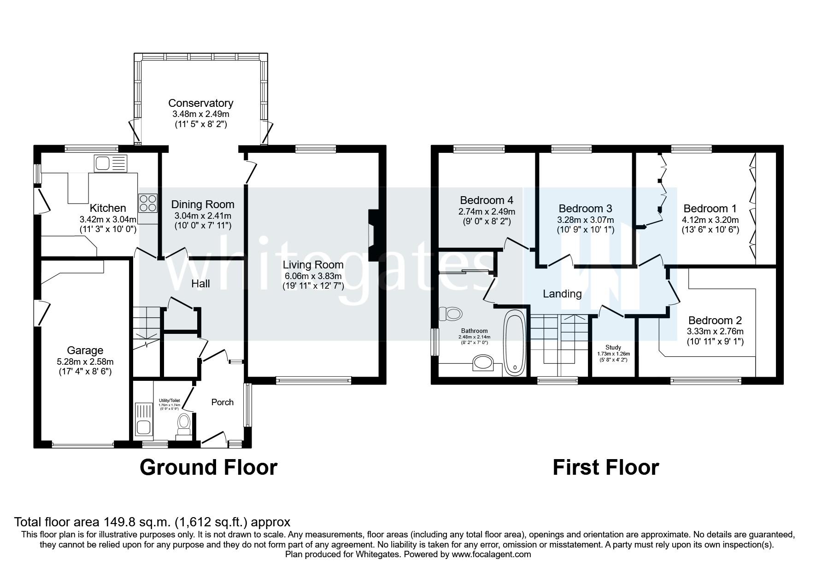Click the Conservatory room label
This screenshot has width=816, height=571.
pos(200,103)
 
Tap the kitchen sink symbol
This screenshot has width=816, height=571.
pos(110,163)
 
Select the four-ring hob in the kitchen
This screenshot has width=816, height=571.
pos(147,203)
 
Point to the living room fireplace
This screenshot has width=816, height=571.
pos(373,236)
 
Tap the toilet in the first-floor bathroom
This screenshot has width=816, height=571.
pos(451,314)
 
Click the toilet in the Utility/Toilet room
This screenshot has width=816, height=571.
pos(184,424)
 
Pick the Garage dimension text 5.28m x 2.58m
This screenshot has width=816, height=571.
pos(85,361)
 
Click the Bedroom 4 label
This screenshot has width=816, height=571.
pos(487,200)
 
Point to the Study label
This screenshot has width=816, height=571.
pos(613,348)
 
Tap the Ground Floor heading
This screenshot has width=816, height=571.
pos(208,467)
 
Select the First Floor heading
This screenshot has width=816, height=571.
pos(605,467)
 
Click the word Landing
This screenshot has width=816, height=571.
pos(562,294)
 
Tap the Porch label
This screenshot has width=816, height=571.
pos(222,402)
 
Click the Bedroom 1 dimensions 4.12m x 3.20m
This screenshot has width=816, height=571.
pos(710,220)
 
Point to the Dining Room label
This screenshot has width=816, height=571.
pos(203,204)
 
